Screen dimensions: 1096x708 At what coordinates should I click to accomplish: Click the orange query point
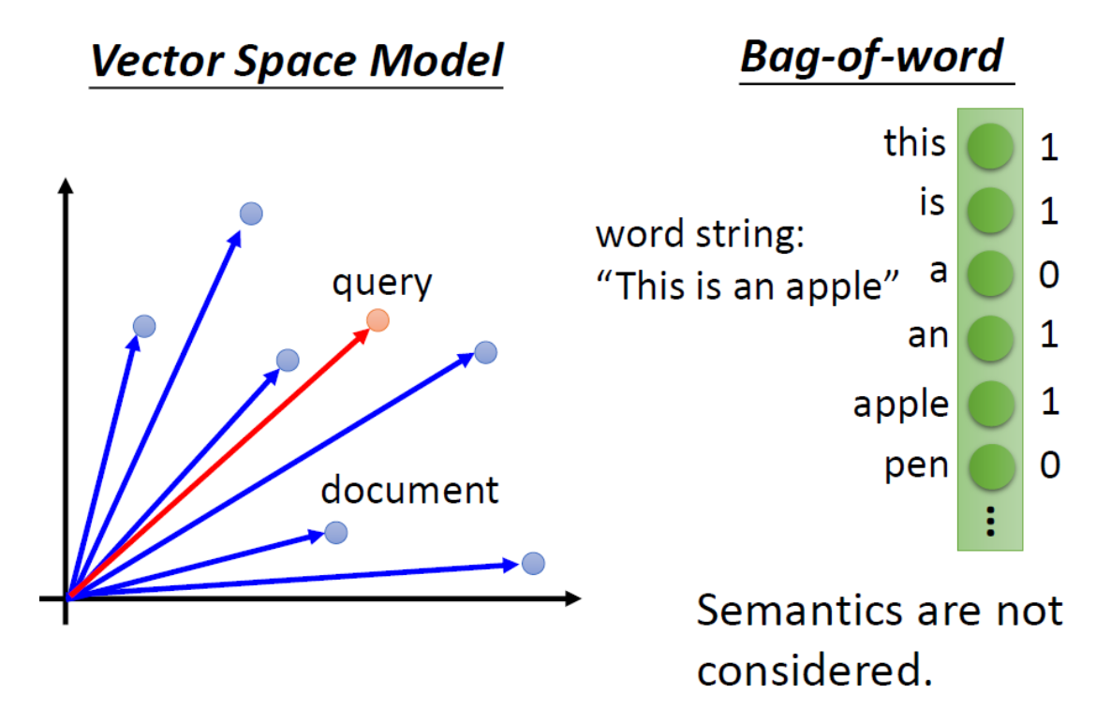click(x=378, y=320)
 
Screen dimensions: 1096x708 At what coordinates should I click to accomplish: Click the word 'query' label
click(x=382, y=282)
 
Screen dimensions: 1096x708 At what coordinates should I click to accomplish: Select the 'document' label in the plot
click(x=409, y=489)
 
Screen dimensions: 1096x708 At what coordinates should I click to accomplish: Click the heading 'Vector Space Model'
click(x=296, y=61)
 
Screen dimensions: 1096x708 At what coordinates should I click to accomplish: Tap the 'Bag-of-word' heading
click(x=871, y=57)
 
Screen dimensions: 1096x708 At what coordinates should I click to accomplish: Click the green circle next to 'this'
click(x=990, y=147)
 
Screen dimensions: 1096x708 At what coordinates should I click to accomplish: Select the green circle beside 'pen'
click(x=990, y=465)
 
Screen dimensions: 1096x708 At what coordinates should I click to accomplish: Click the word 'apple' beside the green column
click(x=900, y=404)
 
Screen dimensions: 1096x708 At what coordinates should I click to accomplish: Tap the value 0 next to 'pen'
click(x=1049, y=465)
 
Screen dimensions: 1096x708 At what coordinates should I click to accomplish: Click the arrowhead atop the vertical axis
click(x=66, y=184)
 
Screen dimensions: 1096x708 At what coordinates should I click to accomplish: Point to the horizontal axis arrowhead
click(x=572, y=597)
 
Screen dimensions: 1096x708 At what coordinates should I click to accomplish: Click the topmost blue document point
click(x=251, y=214)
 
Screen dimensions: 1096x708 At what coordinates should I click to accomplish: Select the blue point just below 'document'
click(x=335, y=533)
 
